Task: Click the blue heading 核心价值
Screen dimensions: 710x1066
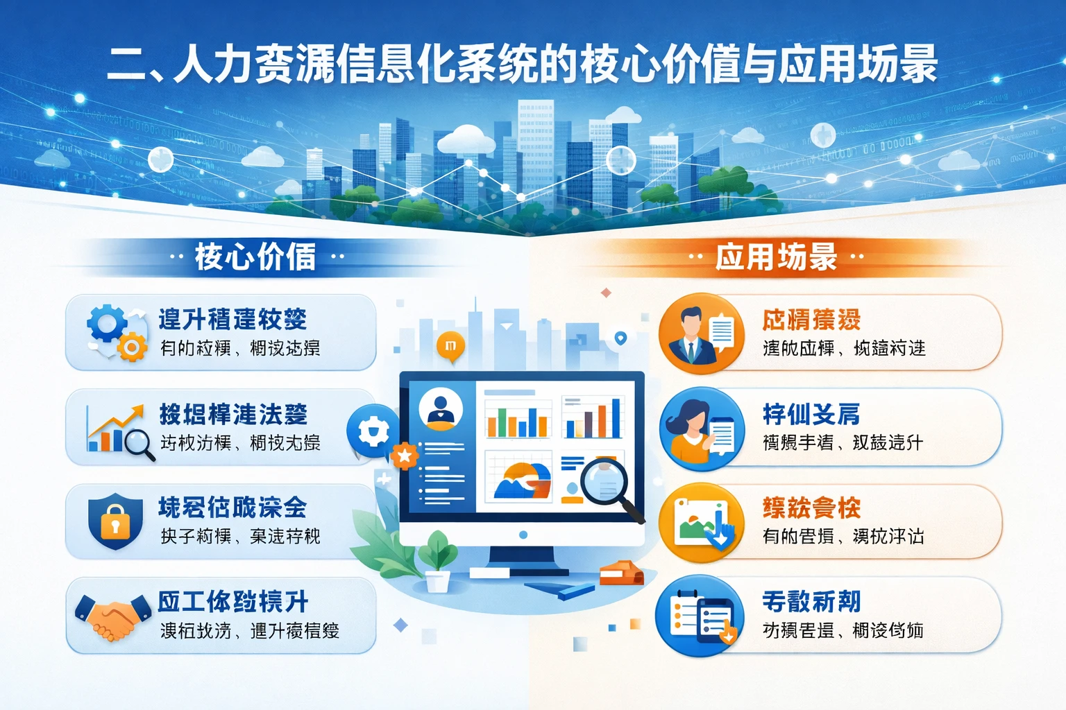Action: pos(255,257)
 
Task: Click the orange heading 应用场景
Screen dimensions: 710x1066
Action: pos(776,257)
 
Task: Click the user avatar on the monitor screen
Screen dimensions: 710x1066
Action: pos(441,408)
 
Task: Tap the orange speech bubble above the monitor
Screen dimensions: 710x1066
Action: pos(450,346)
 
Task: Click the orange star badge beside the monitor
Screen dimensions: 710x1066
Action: pos(404,456)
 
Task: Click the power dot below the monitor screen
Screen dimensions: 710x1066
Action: pos(523,535)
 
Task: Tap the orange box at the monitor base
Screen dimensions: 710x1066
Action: pos(620,573)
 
